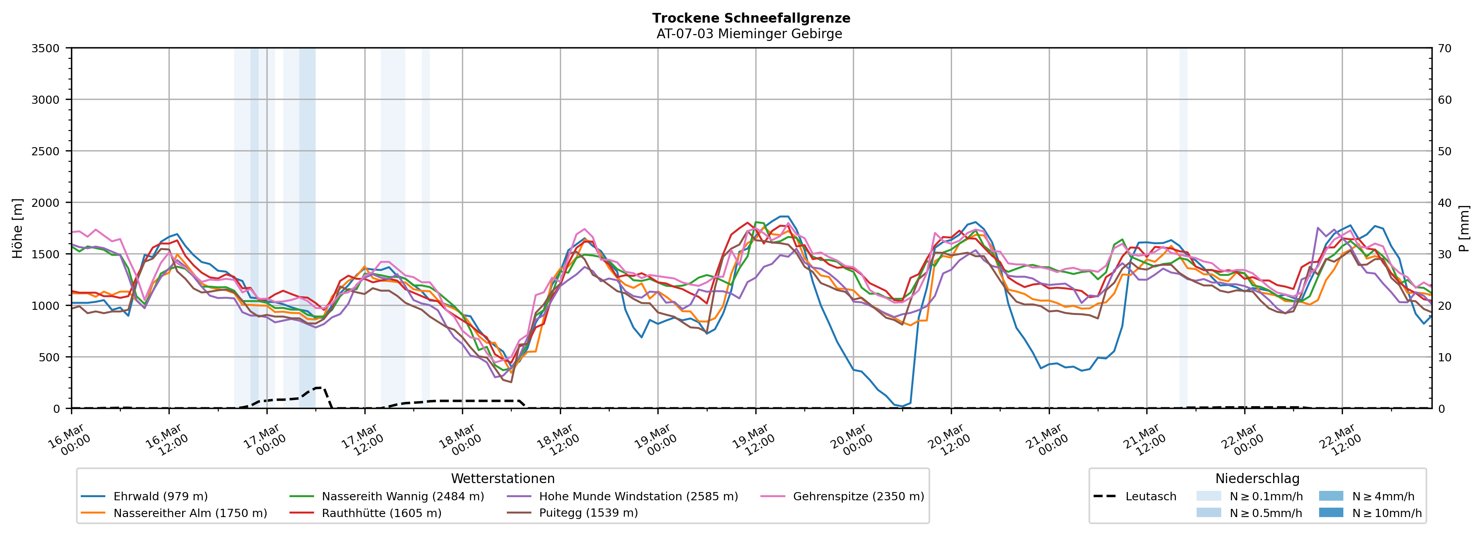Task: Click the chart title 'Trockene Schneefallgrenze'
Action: point(751,18)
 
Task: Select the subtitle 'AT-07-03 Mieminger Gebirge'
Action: point(749,34)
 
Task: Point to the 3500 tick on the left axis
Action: point(46,48)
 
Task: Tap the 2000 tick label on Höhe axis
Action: point(46,203)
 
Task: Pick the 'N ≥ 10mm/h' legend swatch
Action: point(1330,512)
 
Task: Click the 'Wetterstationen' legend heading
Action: point(503,478)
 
